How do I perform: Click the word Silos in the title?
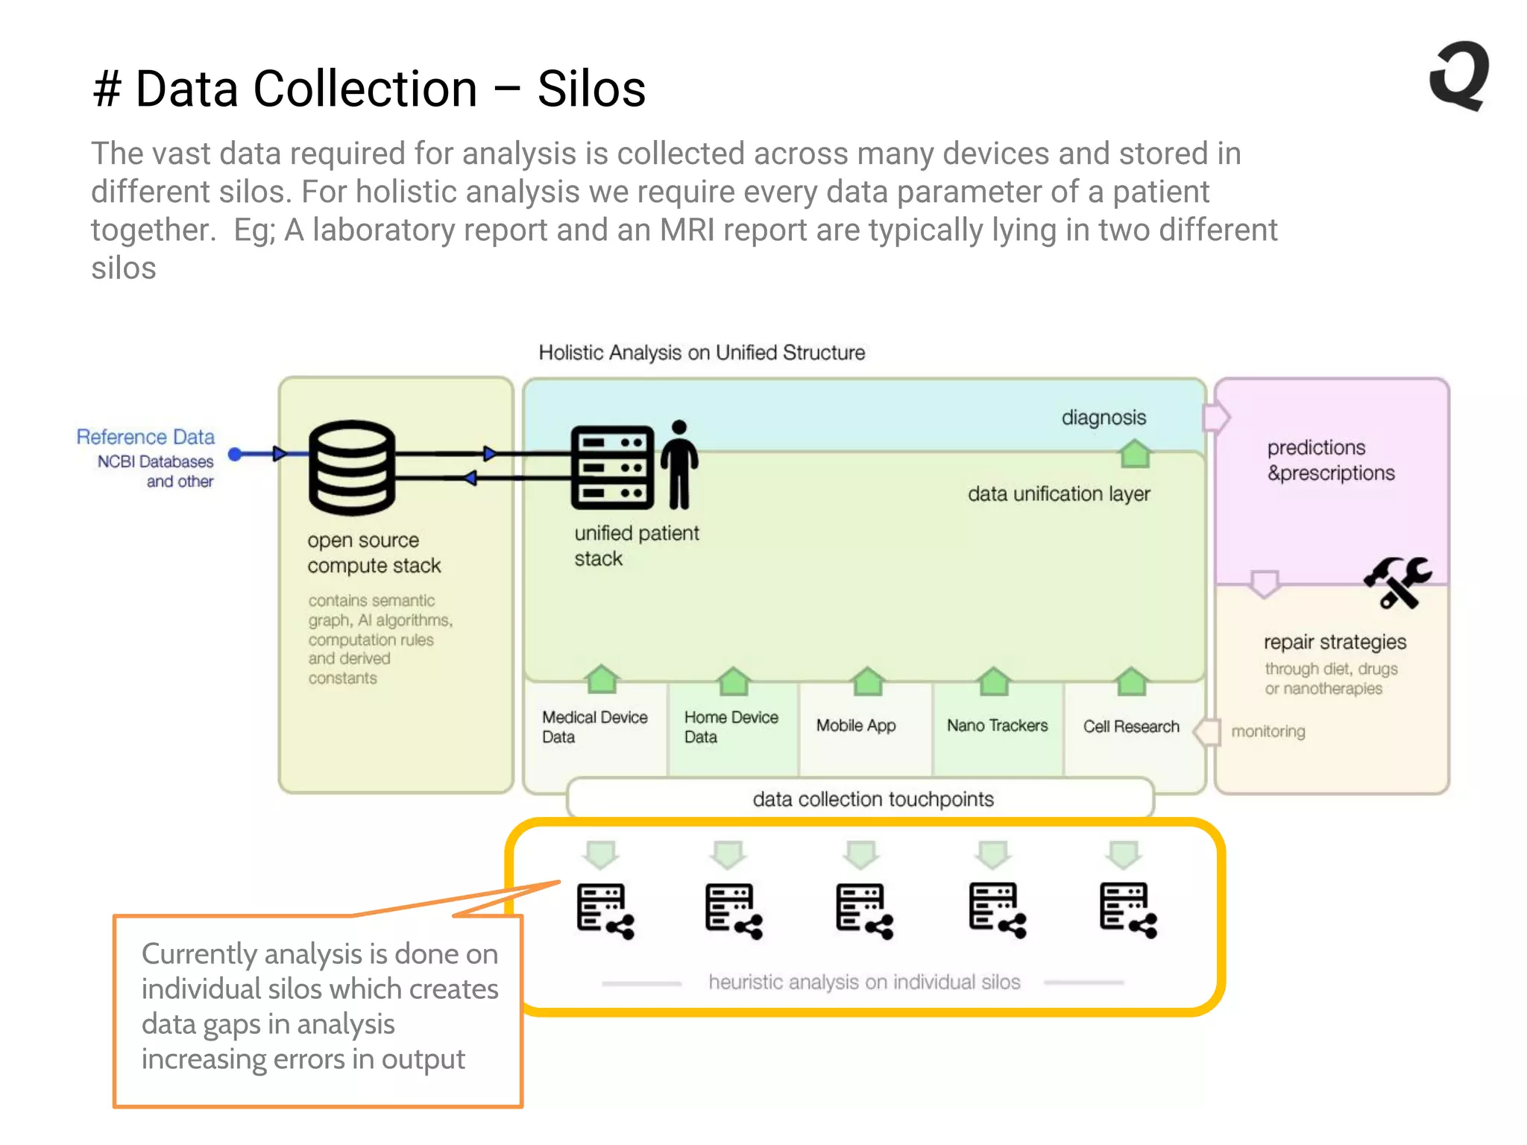coord(591,89)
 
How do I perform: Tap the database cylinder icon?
coord(351,467)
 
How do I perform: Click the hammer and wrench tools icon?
coord(1397,581)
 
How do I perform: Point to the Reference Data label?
coord(145,437)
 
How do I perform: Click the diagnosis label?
coord(1103,417)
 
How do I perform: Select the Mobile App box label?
coord(856,725)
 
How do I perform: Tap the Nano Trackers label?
coord(997,725)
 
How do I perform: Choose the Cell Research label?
coord(1131,726)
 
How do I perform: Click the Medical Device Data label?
coord(594,727)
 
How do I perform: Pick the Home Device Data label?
coord(731,727)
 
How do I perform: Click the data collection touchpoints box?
coord(872,799)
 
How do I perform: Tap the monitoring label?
coord(1268,731)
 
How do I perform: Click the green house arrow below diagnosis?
coord(1135,453)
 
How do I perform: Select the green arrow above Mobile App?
coord(867,681)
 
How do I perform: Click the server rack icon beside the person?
coord(612,467)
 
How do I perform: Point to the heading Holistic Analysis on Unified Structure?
coord(702,353)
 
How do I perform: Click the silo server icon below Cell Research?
coord(1128,910)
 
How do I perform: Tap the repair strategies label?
coord(1335,642)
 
